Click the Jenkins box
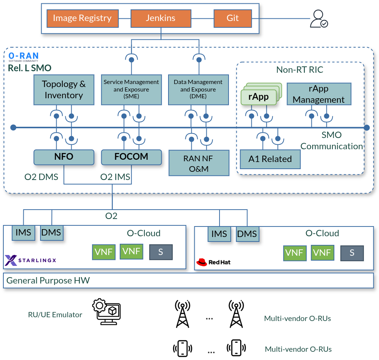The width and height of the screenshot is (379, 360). (x=161, y=18)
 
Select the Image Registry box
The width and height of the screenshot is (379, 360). (x=82, y=18)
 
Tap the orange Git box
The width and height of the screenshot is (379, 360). (x=232, y=18)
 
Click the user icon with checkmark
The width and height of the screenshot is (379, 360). (x=319, y=19)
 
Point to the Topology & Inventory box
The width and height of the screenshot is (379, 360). (x=64, y=90)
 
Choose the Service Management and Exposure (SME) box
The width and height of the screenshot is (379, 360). (x=131, y=90)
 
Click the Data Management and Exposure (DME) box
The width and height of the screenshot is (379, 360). (x=198, y=90)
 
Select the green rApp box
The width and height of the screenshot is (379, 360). (x=259, y=97)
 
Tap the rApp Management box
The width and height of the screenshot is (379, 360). (x=319, y=94)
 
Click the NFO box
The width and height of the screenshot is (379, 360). (x=64, y=157)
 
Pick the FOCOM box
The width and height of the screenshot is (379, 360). (x=131, y=157)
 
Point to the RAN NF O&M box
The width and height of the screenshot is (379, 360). (x=199, y=163)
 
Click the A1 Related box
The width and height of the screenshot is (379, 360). (x=270, y=159)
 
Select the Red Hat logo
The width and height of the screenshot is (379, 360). (x=213, y=262)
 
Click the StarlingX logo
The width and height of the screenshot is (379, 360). (x=30, y=260)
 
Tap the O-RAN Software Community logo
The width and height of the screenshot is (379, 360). (x=24, y=57)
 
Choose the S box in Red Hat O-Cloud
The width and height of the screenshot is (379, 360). (x=352, y=253)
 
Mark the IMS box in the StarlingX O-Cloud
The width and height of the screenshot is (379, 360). (x=23, y=232)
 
